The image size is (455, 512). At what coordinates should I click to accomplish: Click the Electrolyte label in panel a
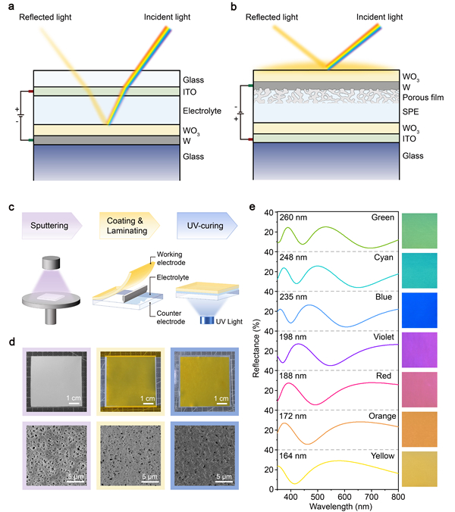coord(202,111)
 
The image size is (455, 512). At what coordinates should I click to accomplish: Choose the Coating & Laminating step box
coord(126,226)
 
